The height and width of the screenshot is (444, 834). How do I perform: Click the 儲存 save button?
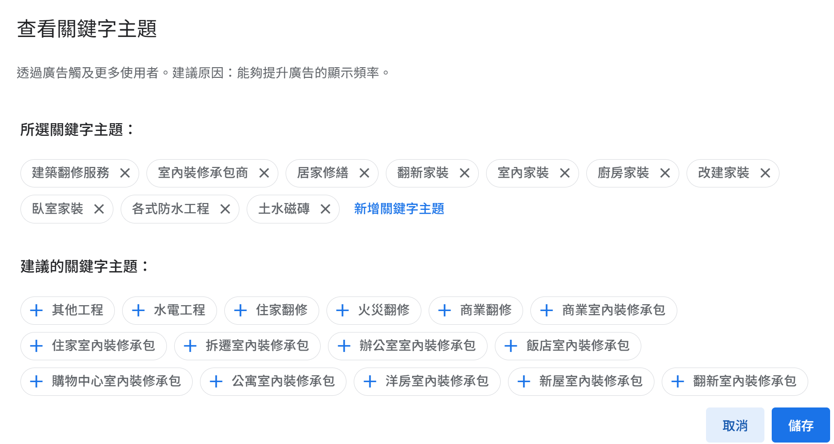(x=800, y=425)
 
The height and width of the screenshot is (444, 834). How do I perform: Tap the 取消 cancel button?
(x=735, y=425)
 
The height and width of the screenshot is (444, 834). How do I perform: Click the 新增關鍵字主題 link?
(x=399, y=209)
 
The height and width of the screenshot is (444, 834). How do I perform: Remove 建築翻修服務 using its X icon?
(x=125, y=173)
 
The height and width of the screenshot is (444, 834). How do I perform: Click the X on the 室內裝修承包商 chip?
(x=264, y=173)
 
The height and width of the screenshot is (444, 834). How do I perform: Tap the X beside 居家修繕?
(x=364, y=173)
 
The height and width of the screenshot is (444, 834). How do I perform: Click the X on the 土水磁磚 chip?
(x=326, y=209)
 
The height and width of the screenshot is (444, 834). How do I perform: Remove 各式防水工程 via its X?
(x=225, y=209)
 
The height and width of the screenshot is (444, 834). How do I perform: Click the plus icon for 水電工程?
(x=138, y=311)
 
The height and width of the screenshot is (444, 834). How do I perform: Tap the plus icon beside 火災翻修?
(x=343, y=311)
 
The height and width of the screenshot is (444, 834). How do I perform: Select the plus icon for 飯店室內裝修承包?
(x=510, y=346)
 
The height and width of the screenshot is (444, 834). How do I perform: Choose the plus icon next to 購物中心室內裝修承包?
(x=36, y=382)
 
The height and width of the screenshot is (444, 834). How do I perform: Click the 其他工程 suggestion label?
(x=77, y=310)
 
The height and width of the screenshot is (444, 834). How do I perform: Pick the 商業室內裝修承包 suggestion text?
(x=613, y=310)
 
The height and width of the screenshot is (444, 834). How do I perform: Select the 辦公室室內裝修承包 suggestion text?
(x=417, y=346)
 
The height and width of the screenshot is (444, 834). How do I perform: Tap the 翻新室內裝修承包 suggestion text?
(x=744, y=381)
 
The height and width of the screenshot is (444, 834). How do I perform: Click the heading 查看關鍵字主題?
(x=87, y=29)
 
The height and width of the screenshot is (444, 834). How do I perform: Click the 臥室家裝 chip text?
(x=57, y=209)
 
